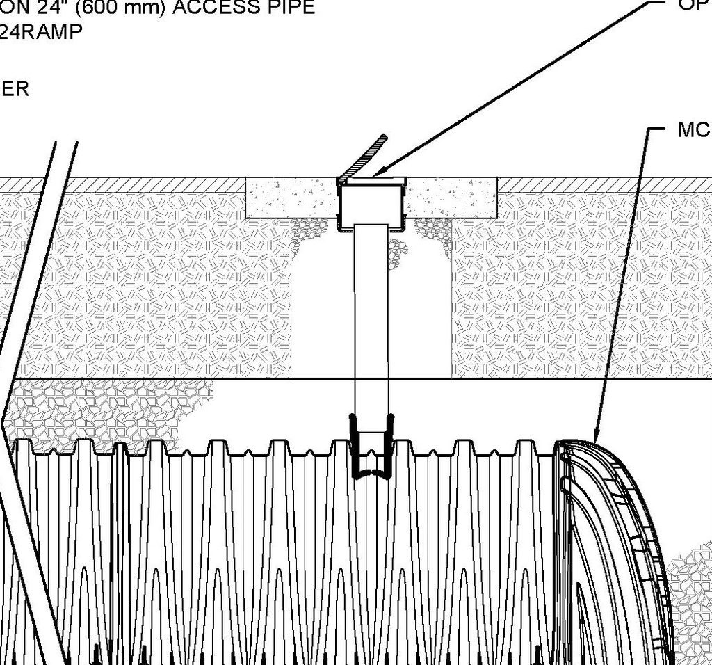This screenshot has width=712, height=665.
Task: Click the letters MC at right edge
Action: pyautogui.click(x=693, y=129)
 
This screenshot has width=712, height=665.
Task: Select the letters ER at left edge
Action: pyautogui.click(x=15, y=89)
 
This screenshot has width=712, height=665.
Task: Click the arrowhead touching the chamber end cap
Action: pyautogui.click(x=596, y=434)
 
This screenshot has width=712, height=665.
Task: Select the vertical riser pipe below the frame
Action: pyautogui.click(x=372, y=313)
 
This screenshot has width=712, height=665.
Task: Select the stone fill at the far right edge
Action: pyautogui.click(x=692, y=591)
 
